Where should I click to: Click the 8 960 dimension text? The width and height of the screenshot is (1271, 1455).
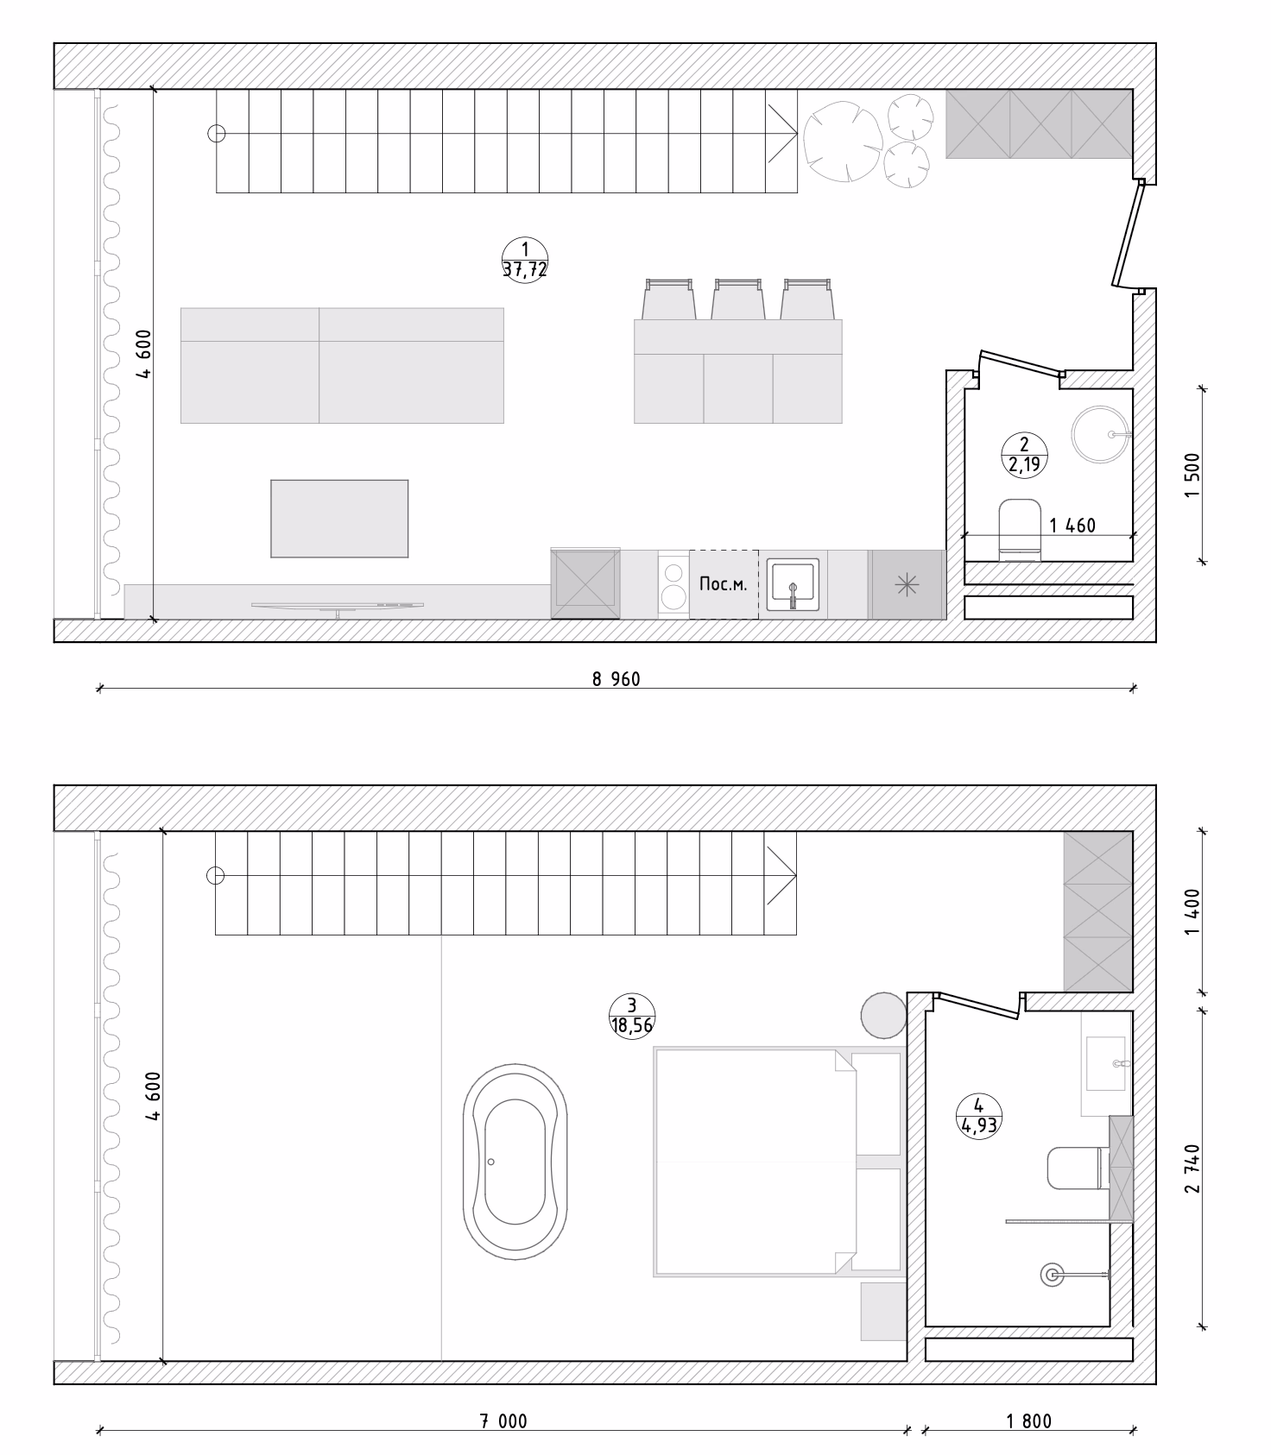point(616,679)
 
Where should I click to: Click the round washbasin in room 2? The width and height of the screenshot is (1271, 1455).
point(1100,434)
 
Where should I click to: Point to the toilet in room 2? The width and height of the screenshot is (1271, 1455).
point(1020,528)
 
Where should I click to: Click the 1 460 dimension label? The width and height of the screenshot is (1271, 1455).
point(1072,526)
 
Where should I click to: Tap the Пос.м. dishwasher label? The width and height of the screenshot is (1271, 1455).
point(723,584)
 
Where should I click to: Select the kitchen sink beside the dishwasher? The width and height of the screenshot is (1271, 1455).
point(793,584)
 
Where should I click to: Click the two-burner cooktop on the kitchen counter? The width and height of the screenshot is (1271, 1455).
point(673,584)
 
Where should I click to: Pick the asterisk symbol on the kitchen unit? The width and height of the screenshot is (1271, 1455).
point(907,585)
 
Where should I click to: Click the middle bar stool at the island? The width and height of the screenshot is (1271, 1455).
point(737,299)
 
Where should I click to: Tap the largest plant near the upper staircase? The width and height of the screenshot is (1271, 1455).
point(842,141)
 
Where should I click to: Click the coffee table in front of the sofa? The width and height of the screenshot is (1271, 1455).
point(339,519)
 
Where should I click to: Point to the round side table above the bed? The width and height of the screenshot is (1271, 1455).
point(883,1016)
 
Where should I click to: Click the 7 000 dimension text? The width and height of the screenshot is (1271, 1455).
point(503,1421)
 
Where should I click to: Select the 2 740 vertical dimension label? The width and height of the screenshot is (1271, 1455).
point(1192,1168)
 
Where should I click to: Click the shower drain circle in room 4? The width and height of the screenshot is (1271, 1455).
point(1053,1274)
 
